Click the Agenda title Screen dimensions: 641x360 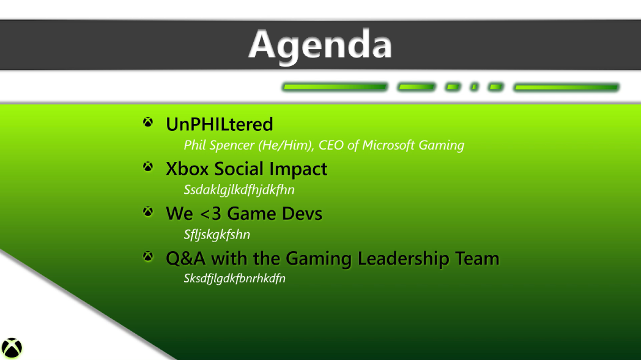[x=320, y=45]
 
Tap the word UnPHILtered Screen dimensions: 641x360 [x=219, y=124]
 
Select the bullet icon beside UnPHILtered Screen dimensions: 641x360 [x=147, y=122]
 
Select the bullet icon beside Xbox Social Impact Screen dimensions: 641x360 [x=147, y=167]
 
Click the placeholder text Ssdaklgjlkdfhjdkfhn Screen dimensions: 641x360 [x=239, y=190]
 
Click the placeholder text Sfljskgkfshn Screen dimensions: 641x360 [x=217, y=235]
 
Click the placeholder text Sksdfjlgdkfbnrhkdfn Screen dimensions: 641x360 [x=235, y=278]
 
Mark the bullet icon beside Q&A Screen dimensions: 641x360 [x=147, y=256]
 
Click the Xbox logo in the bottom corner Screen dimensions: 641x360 [x=12, y=348]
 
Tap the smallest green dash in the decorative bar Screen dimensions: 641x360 [x=474, y=87]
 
